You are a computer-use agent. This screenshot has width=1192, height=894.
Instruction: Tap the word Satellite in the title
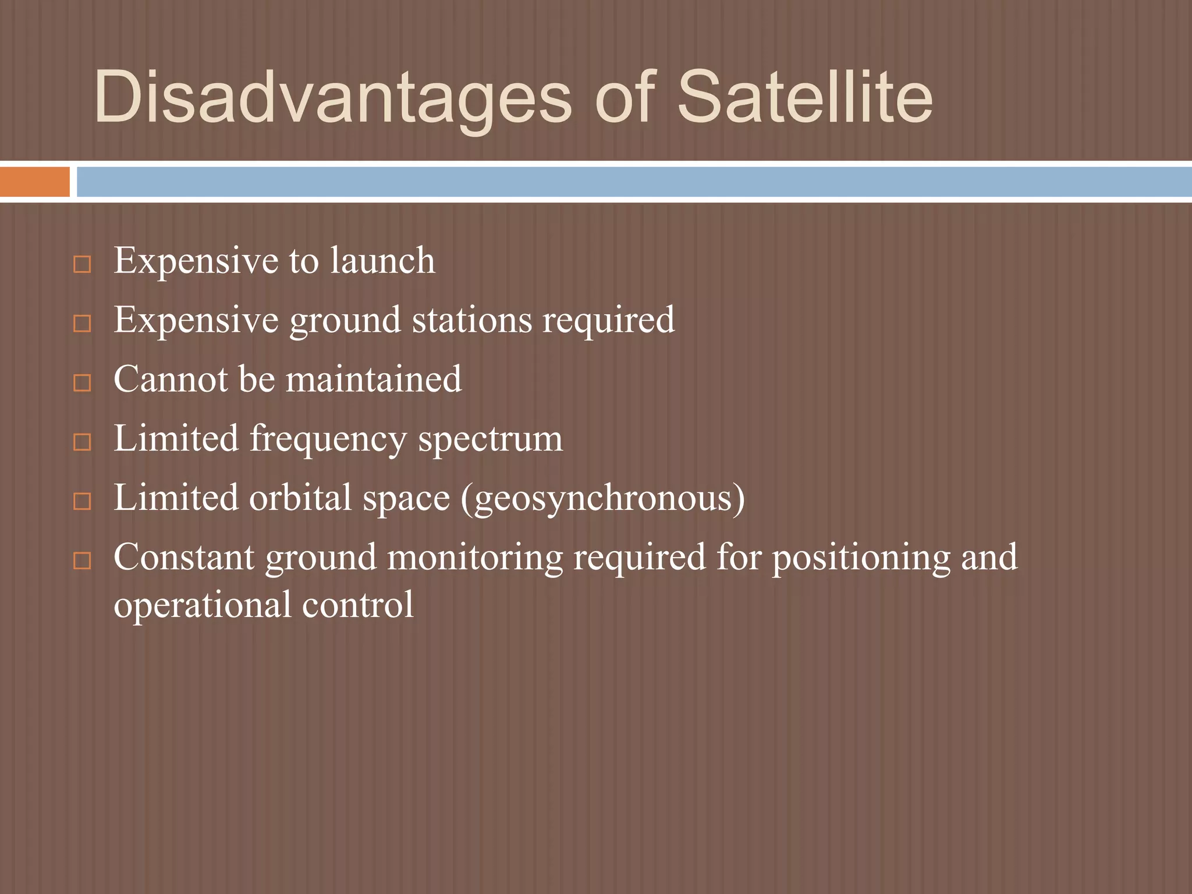(x=805, y=98)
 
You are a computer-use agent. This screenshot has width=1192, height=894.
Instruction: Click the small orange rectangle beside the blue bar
(x=34, y=182)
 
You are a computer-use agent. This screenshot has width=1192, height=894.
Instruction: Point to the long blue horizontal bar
(x=634, y=182)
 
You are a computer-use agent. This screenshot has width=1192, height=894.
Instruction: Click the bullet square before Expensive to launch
(x=83, y=265)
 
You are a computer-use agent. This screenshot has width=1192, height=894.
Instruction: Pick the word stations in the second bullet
(x=472, y=320)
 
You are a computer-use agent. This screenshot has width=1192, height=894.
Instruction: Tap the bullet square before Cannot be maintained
(x=83, y=383)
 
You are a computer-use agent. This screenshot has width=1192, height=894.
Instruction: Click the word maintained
(x=374, y=379)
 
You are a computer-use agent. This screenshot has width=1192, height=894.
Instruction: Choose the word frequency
(x=328, y=439)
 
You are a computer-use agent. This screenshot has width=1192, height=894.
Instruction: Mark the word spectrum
(x=490, y=439)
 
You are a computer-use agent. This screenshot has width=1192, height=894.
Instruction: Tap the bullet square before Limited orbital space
(x=83, y=501)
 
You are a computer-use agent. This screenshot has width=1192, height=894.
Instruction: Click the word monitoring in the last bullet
(x=475, y=558)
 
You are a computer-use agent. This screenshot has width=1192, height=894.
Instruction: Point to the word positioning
(x=861, y=558)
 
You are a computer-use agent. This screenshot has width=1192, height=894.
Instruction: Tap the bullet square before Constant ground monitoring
(x=83, y=561)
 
